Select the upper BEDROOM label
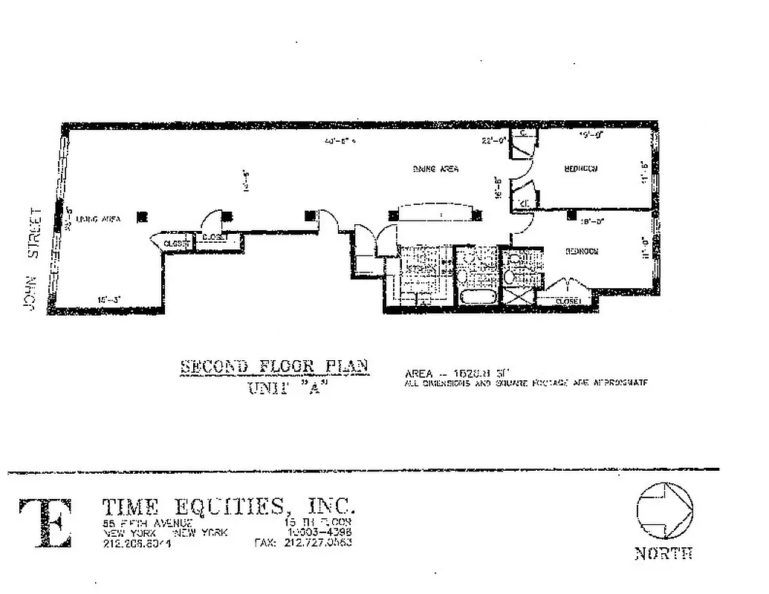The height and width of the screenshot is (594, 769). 581,169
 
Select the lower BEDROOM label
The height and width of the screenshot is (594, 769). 582,251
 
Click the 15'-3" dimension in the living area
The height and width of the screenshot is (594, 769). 108,300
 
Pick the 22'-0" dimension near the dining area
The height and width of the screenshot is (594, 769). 493,139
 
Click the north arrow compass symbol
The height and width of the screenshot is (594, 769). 663,509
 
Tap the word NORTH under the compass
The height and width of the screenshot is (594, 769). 663,553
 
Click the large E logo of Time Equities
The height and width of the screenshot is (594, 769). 45,523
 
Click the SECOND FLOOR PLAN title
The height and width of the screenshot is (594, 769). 275,367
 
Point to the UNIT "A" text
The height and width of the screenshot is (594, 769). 285,388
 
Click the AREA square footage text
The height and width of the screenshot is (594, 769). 457,373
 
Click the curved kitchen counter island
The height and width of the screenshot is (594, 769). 435,213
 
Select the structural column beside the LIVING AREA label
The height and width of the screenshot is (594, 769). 141,217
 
